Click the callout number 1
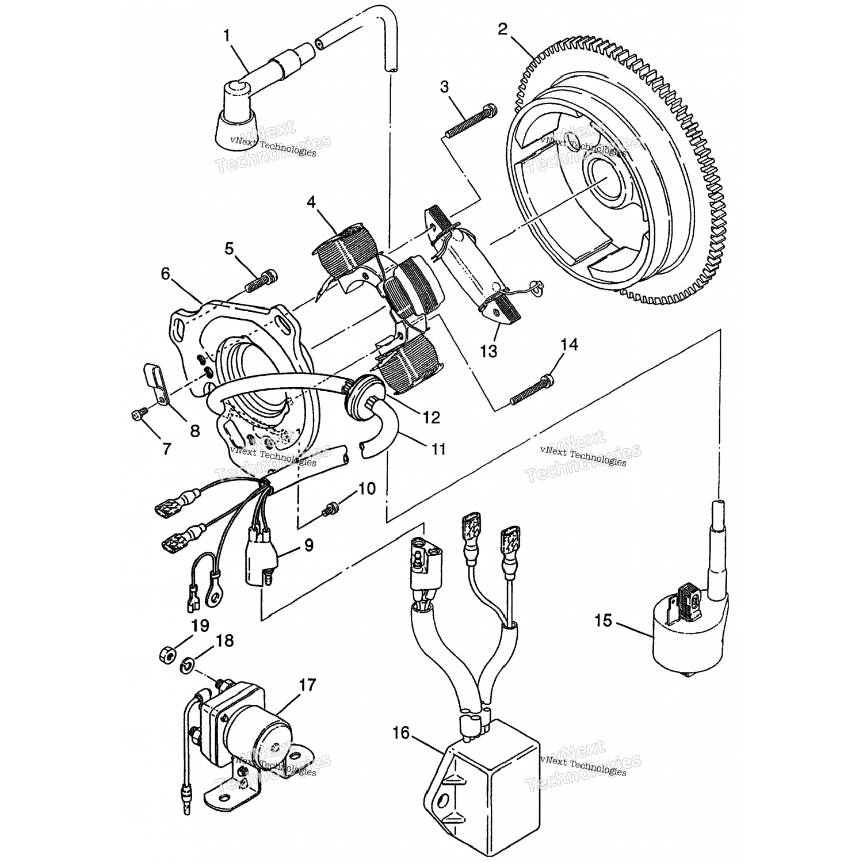(x=227, y=36)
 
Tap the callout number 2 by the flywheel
(x=503, y=29)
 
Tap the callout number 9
(x=309, y=545)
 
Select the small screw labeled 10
(x=332, y=507)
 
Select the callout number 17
(x=308, y=685)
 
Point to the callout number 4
(x=311, y=202)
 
